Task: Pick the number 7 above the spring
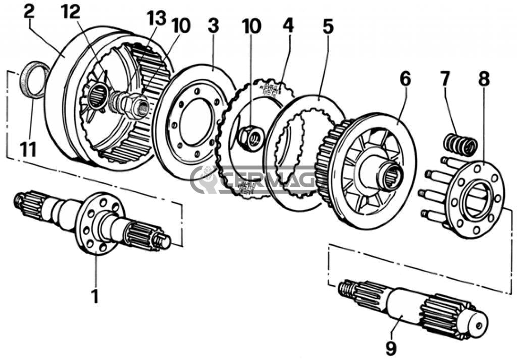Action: tap(444, 80)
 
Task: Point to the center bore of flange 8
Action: tap(476, 200)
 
